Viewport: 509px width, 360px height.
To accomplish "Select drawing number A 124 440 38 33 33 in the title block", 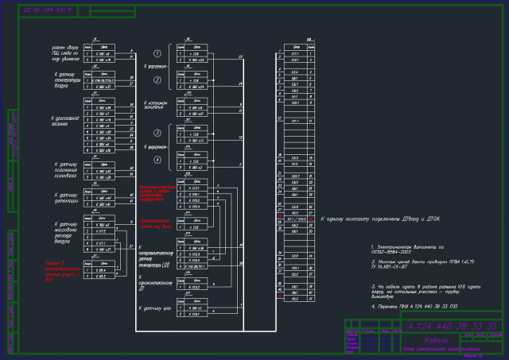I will click(x=451, y=327).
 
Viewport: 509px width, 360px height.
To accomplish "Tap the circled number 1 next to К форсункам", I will click(x=157, y=53).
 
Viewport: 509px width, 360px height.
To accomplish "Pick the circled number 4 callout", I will click(x=157, y=161).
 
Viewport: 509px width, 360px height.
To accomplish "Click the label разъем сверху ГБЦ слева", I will click(x=60, y=53).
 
